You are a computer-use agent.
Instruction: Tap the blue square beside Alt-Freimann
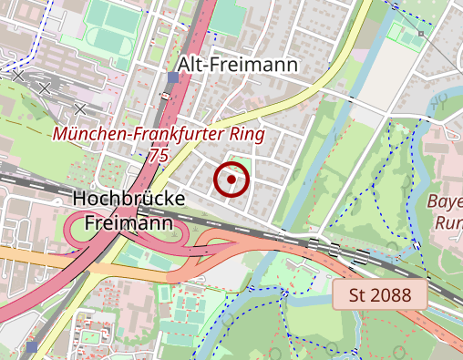point(173,77)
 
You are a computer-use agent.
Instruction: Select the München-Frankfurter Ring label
point(158,135)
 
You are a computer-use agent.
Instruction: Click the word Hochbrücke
point(128,199)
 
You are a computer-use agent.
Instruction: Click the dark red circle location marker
point(232,180)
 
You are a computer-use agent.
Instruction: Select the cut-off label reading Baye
point(445,201)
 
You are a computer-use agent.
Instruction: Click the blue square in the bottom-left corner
point(33,347)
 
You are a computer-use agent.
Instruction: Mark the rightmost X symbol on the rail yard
point(80,109)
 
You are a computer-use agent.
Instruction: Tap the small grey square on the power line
point(421,34)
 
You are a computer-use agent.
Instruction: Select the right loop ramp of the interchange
point(175,239)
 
